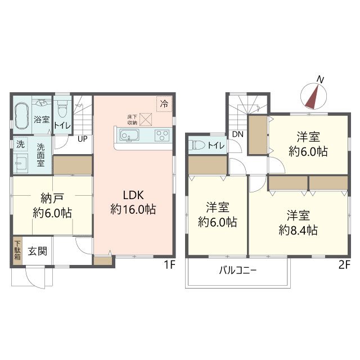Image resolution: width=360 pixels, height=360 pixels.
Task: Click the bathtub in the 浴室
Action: pyautogui.click(x=21, y=116)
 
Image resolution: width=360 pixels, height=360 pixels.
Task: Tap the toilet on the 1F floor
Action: pyautogui.click(x=62, y=109)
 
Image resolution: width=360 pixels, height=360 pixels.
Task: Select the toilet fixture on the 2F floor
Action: pyautogui.click(x=197, y=145)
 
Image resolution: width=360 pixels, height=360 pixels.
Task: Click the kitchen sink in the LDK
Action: pyautogui.click(x=129, y=135)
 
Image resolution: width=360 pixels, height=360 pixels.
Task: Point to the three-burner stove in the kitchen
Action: pyautogui.click(x=162, y=135)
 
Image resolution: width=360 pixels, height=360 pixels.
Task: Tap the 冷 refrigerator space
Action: pyautogui.click(x=164, y=104)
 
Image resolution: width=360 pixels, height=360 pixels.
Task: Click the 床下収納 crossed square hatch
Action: pyautogui.click(x=146, y=119)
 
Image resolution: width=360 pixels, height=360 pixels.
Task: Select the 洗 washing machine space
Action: pyautogui.click(x=21, y=144)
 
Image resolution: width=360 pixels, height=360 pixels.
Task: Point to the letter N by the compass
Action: pyautogui.click(x=320, y=79)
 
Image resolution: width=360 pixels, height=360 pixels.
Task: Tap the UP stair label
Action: pyautogui.click(x=83, y=139)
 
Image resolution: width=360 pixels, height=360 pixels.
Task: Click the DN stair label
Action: pyautogui.click(x=237, y=134)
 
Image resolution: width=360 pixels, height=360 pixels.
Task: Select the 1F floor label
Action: pyautogui.click(x=170, y=265)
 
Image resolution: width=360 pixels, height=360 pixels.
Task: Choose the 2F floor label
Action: pyautogui.click(x=344, y=265)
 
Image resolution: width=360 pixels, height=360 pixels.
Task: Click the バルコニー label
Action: pyautogui.click(x=237, y=271)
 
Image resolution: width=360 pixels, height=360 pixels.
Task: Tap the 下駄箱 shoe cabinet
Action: pyautogui.click(x=17, y=251)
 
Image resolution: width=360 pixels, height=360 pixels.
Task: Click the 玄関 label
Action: pyautogui.click(x=38, y=251)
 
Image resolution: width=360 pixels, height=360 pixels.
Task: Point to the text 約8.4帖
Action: pyautogui.click(x=298, y=230)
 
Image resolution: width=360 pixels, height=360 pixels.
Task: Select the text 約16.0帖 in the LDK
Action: pyautogui.click(x=133, y=209)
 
